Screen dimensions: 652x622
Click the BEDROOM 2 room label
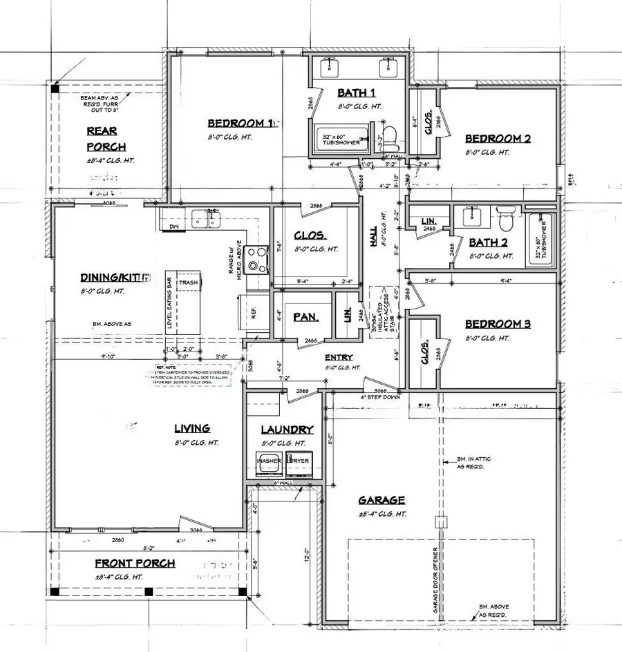498,138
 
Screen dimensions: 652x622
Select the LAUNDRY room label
287,430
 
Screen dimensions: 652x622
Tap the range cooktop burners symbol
257,259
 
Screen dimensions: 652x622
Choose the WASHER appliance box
269,463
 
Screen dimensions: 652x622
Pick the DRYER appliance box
299,463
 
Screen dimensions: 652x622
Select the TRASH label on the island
188,282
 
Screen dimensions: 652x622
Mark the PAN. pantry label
304,317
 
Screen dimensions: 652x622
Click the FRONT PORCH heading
135,563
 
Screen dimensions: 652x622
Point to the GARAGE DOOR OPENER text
435,578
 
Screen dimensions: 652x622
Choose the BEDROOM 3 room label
498,324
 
